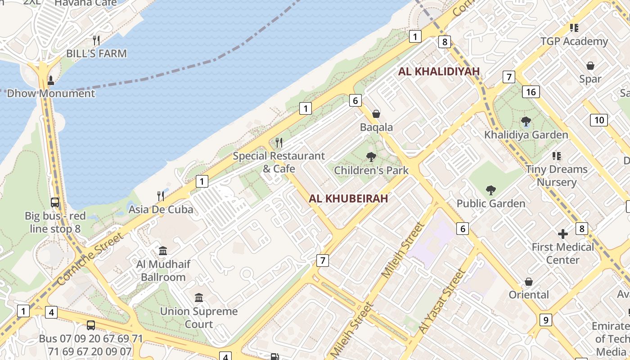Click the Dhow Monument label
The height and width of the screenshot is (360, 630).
(51, 94)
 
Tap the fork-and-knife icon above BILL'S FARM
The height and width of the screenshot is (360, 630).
(96, 40)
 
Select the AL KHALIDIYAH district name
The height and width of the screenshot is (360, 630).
(439, 72)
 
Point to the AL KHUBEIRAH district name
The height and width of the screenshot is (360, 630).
(348, 198)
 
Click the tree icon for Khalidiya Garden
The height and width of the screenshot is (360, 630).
(526, 121)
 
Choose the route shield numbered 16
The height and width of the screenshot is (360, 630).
(531, 92)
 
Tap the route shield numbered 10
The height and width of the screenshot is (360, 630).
(599, 120)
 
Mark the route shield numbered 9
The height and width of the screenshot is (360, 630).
(545, 320)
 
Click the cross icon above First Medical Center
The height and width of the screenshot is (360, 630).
(563, 234)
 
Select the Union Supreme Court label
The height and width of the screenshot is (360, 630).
(199, 318)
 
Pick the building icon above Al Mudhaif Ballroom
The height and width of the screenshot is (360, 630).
(163, 251)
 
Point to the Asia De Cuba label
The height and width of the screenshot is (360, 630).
(161, 209)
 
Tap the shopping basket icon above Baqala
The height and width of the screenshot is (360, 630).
(376, 114)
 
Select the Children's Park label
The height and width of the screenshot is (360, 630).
(371, 170)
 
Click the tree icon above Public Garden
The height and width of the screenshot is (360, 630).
(490, 190)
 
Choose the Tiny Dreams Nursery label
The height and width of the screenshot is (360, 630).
(557, 175)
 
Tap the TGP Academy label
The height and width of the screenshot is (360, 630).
(574, 41)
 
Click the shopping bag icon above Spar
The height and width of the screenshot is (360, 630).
(590, 66)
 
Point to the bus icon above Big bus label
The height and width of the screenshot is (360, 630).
(55, 202)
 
